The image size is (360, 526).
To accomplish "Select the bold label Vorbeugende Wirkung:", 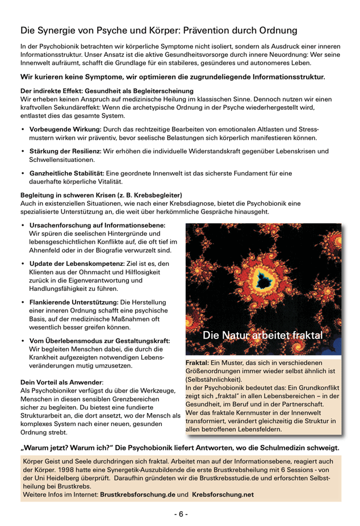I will coord(65,130).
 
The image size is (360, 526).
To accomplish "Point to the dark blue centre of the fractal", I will coord(263,279).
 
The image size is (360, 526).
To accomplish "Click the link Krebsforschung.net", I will coord(223,495).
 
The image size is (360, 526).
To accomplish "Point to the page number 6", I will coord(180,514).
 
